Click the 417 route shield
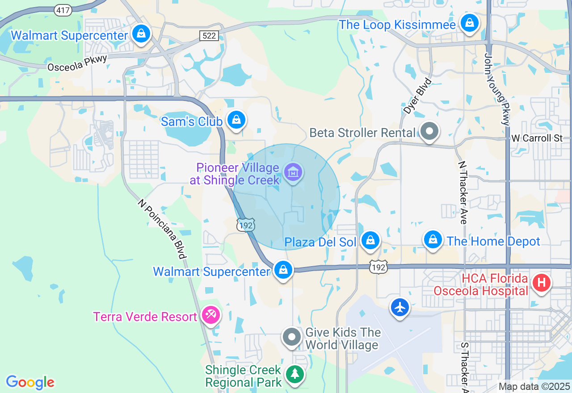63,10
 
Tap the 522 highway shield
209,36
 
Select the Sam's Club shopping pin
236,120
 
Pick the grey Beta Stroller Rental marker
430,132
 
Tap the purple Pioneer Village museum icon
293,172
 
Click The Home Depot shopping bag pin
433,240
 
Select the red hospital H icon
541,283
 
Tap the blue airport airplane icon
400,307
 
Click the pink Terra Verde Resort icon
210,315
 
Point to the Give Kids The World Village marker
292,338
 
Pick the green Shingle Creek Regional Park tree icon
294,374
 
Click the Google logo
30,382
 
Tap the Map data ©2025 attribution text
534,386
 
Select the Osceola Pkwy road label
77,63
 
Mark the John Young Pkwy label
496,89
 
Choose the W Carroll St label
537,138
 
